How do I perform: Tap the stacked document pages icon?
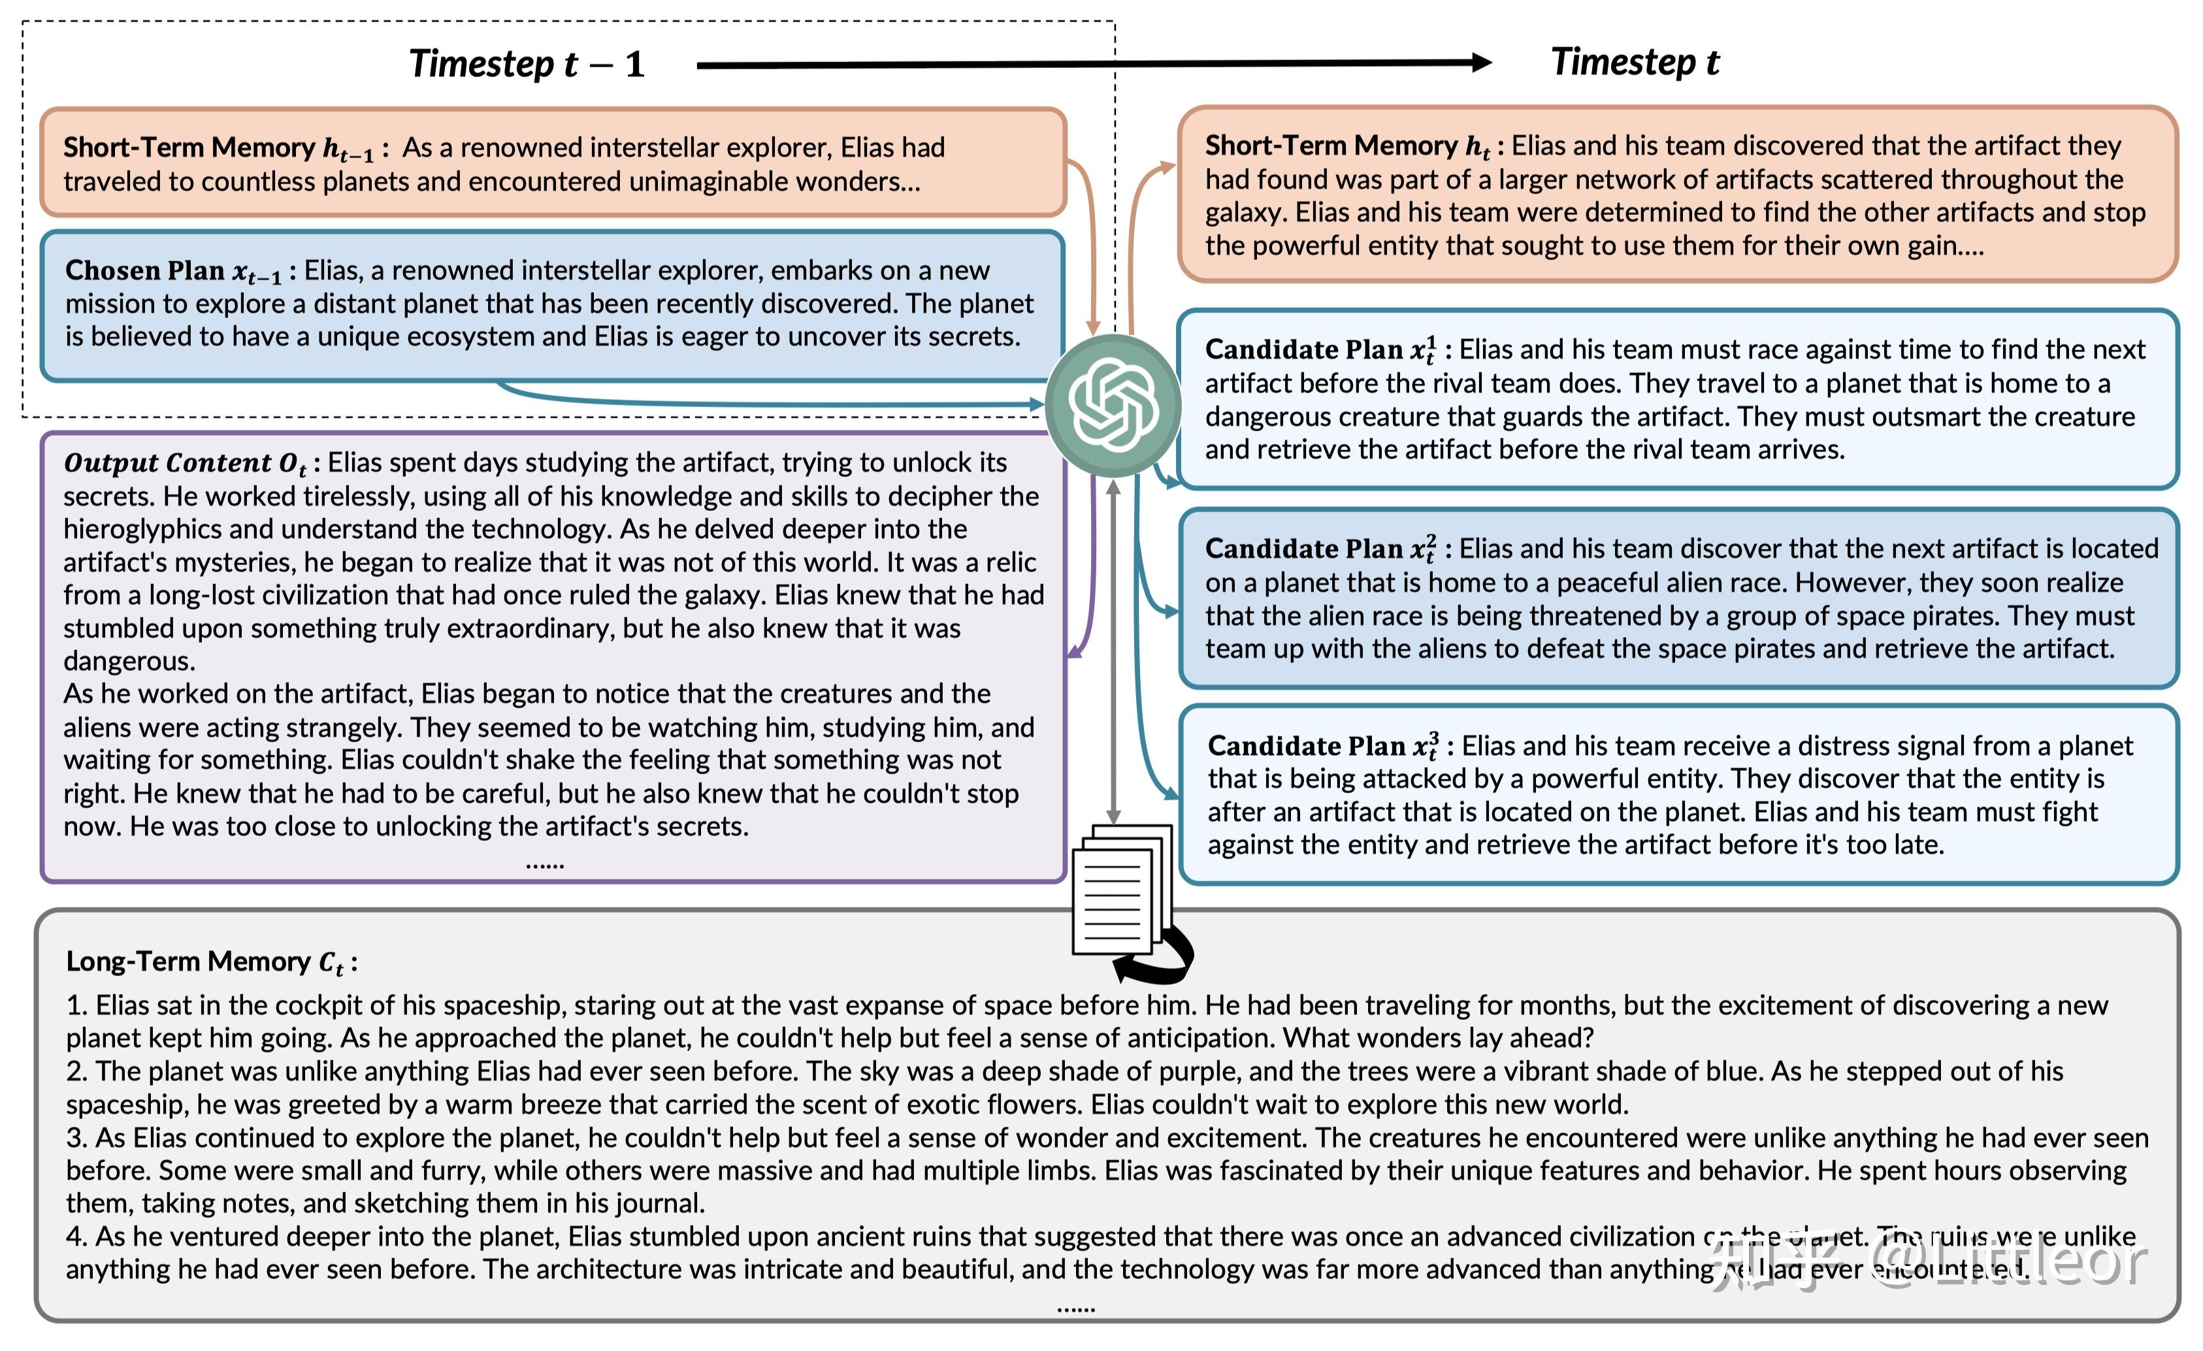pyautogui.click(x=1121, y=890)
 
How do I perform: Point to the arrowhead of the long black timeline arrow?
pyautogui.click(x=1480, y=63)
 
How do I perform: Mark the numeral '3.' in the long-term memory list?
pyautogui.click(x=78, y=1137)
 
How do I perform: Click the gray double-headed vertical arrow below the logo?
pyautogui.click(x=1113, y=653)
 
